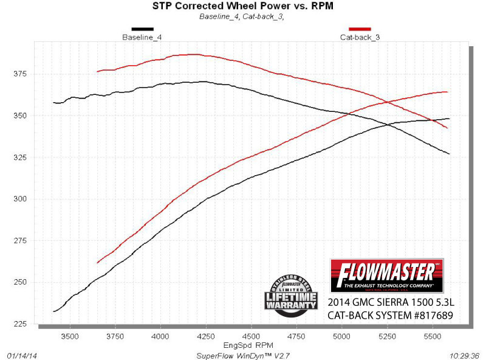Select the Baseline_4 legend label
[142, 37]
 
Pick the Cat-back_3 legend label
[360, 37]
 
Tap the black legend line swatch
[142, 29]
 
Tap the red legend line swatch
[360, 29]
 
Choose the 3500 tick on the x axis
[70, 335]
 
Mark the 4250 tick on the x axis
[206, 335]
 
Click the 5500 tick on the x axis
[433, 335]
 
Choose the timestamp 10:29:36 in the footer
[463, 355]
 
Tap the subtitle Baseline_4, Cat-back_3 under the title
[243, 16]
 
